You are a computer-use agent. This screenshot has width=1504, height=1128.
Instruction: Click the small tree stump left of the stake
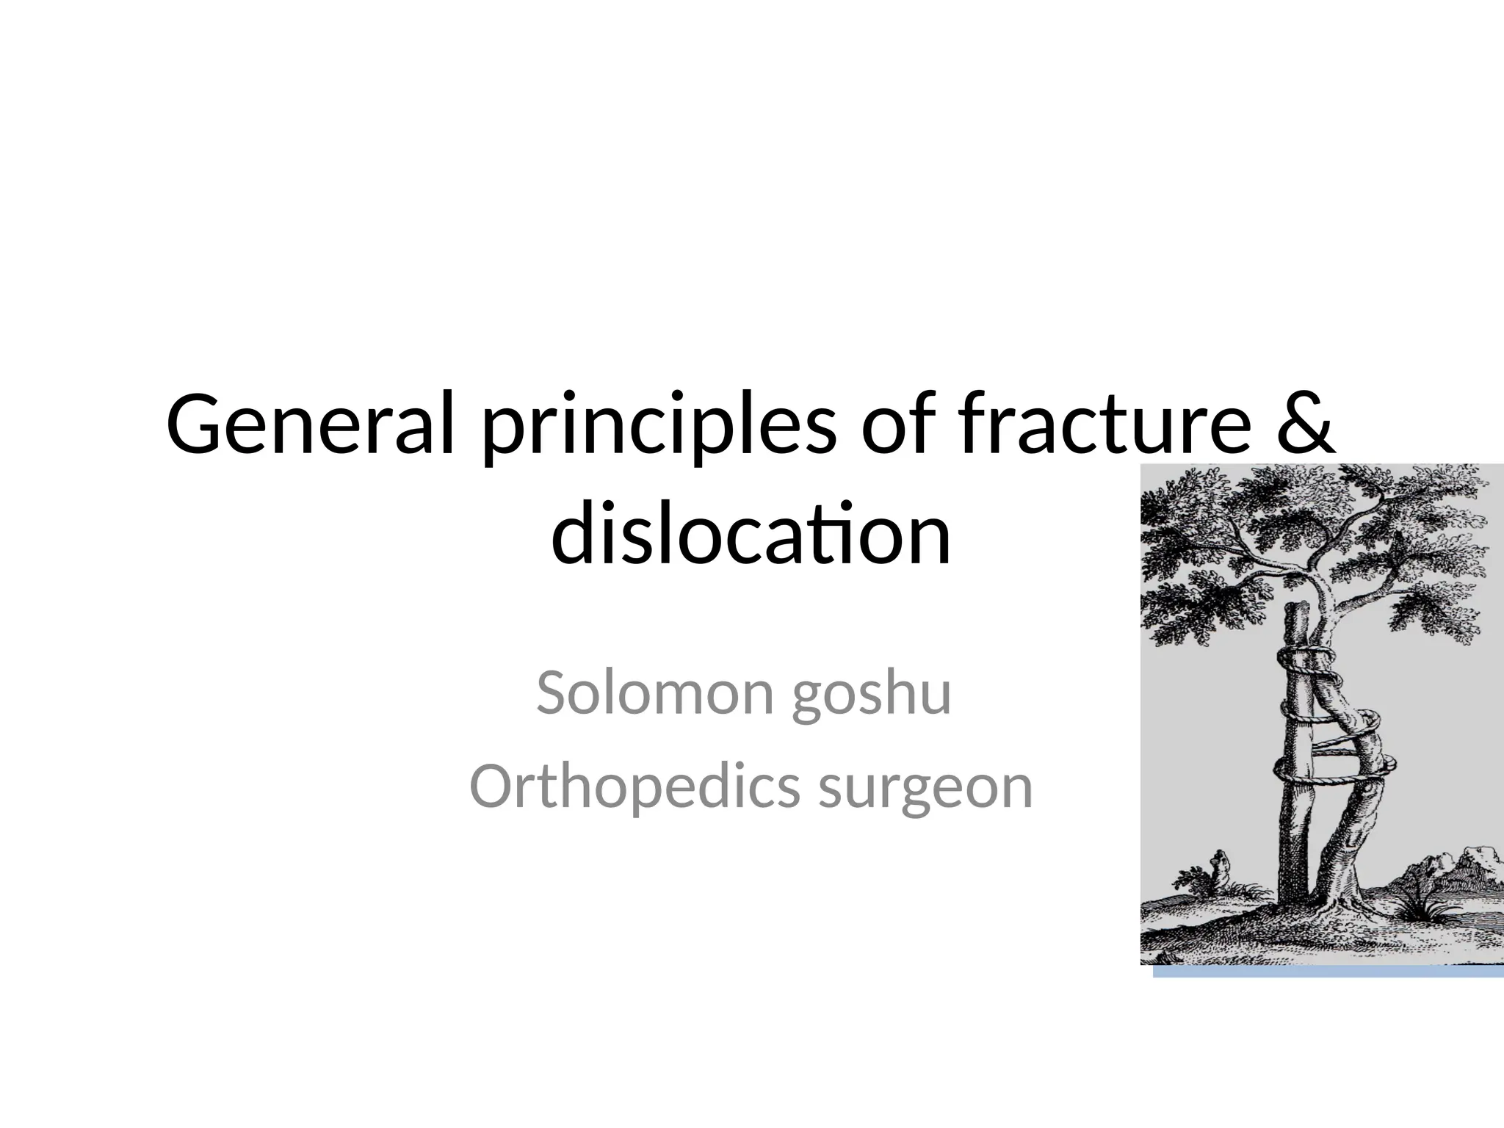click(1220, 867)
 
